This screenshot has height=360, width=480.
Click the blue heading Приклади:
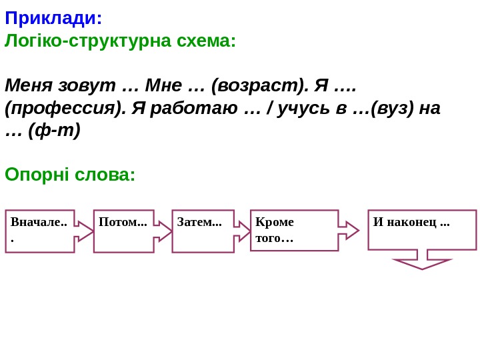[x=53, y=16]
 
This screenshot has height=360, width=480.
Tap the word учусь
[x=307, y=108]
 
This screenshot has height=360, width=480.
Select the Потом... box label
[x=123, y=222]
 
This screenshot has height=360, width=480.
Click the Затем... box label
[x=199, y=222]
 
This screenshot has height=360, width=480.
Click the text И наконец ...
[x=411, y=222]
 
